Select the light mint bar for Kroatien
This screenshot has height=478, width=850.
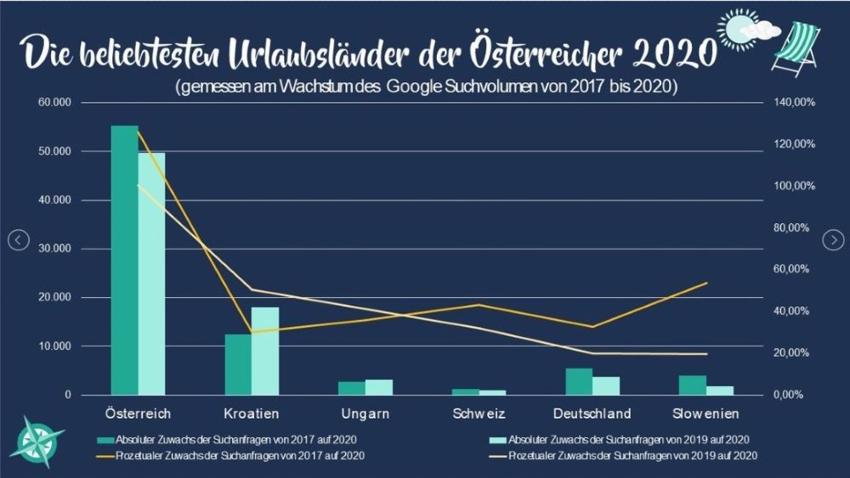(x=265, y=351)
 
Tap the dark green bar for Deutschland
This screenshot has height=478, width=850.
(x=579, y=381)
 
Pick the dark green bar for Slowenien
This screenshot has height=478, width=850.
(x=692, y=385)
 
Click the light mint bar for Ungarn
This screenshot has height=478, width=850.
(x=379, y=387)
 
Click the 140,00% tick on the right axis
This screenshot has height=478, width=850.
(x=795, y=102)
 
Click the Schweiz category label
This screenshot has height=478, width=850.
(x=479, y=414)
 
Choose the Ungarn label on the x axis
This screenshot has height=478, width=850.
(x=365, y=414)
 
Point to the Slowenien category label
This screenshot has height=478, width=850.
(x=705, y=414)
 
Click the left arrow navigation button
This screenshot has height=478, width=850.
(x=19, y=240)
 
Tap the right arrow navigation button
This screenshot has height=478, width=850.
(x=831, y=240)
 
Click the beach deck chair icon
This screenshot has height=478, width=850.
(x=796, y=48)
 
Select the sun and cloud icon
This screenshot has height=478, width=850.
(x=745, y=29)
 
